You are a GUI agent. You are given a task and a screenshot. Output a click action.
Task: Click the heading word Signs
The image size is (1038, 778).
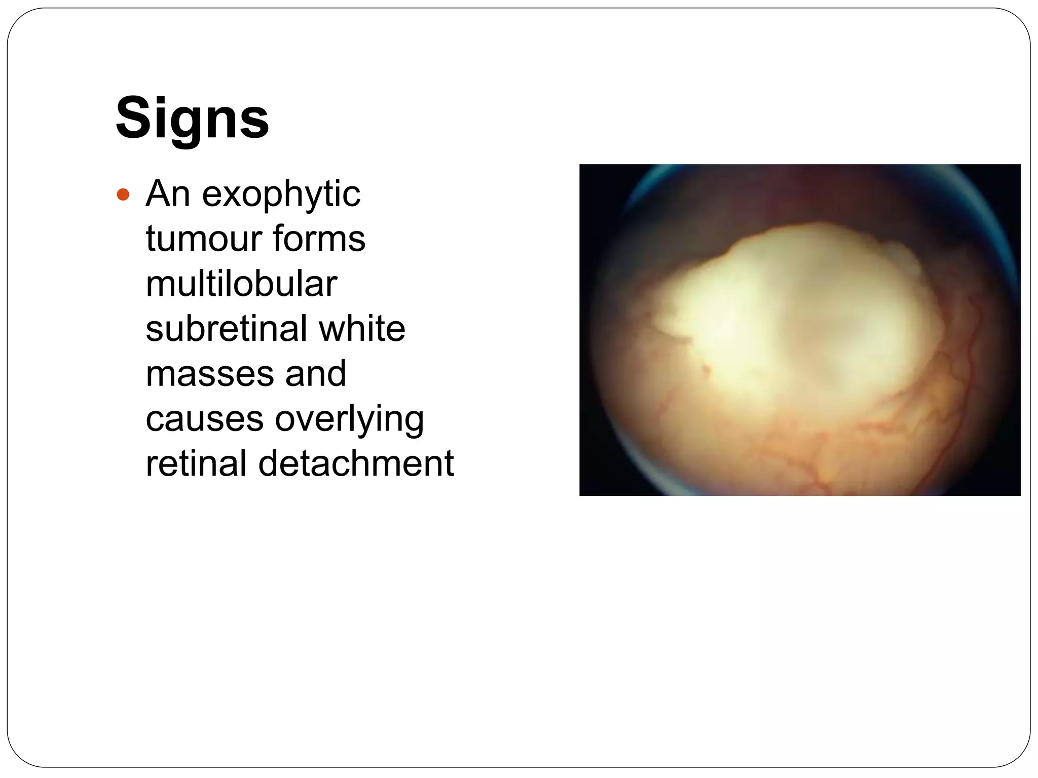pyautogui.click(x=192, y=118)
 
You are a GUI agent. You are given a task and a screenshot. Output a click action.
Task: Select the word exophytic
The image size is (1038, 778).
pyautogui.click(x=281, y=195)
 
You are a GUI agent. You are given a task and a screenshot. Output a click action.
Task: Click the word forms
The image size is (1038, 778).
pyautogui.click(x=319, y=239)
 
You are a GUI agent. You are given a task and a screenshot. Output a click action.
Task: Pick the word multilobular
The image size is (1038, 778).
pyautogui.click(x=241, y=283)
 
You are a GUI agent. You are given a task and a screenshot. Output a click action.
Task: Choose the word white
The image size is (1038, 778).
pyautogui.click(x=362, y=328)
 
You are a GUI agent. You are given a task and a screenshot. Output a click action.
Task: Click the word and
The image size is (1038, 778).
pyautogui.click(x=315, y=373)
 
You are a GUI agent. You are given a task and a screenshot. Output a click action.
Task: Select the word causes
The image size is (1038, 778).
pyautogui.click(x=204, y=419)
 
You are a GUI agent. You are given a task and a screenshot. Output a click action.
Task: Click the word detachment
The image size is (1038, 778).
pyautogui.click(x=356, y=463)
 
